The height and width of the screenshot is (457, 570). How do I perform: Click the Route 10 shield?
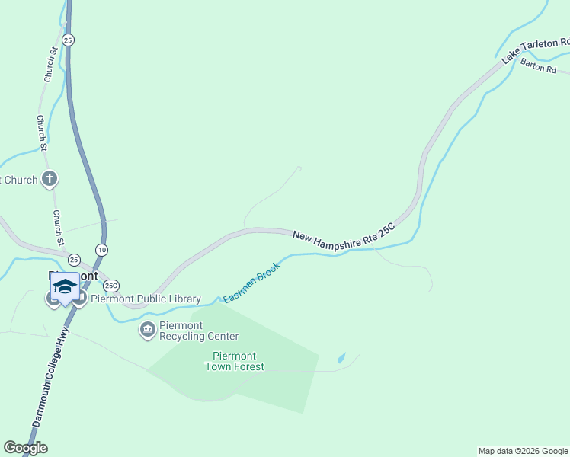(101, 249)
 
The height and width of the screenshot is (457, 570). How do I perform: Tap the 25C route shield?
(112, 286)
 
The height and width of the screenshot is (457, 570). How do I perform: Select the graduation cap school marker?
(65, 287)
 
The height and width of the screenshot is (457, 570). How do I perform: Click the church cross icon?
(50, 180)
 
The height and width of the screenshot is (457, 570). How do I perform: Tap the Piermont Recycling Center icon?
(147, 330)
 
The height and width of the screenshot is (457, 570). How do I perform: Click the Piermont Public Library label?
(146, 299)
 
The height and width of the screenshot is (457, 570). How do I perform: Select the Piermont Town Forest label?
(235, 361)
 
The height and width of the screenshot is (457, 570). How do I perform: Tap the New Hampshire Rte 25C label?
(344, 234)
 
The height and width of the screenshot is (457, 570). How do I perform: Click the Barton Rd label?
(540, 67)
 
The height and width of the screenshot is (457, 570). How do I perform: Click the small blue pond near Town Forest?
(341, 357)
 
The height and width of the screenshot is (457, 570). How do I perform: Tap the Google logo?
(25, 448)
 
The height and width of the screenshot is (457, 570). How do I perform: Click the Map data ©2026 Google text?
(523, 451)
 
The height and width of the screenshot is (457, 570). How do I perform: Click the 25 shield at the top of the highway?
(69, 40)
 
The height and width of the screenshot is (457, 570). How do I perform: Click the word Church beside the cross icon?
(21, 180)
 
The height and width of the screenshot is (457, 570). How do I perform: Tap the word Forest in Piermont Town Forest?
(248, 366)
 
